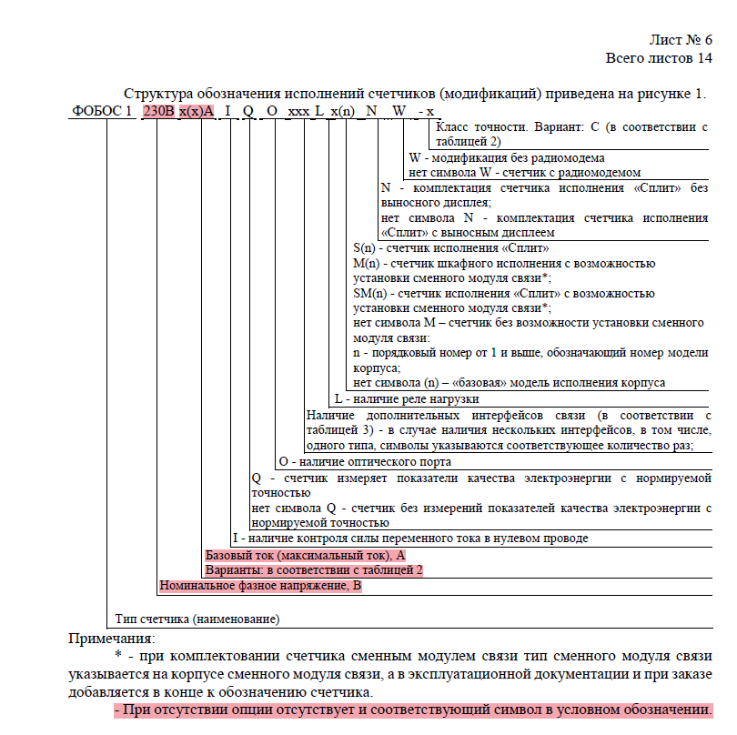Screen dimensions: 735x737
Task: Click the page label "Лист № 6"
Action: point(680,40)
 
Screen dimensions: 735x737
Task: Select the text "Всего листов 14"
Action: point(659,58)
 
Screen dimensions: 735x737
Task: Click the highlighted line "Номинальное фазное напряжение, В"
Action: point(260,586)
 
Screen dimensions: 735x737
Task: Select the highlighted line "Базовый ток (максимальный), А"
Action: point(305,554)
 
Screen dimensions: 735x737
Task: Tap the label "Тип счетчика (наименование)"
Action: point(197,619)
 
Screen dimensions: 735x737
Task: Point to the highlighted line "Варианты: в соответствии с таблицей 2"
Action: point(314,569)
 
